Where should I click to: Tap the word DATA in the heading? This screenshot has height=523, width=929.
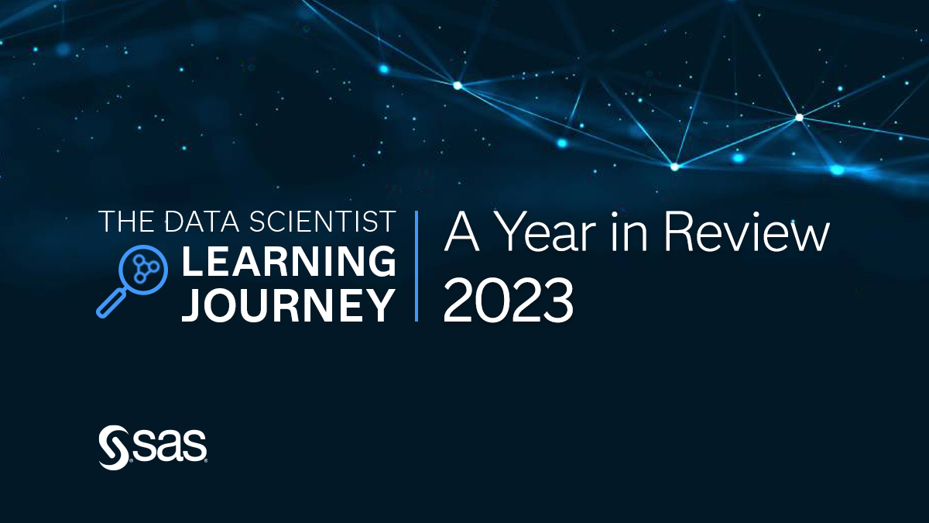click(x=202, y=222)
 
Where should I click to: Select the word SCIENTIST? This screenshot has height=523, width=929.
click(x=322, y=222)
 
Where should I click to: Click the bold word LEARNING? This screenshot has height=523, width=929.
click(x=289, y=262)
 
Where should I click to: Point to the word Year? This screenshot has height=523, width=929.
click(x=546, y=232)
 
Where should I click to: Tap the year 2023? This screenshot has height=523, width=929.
click(x=509, y=301)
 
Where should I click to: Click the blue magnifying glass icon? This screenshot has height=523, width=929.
click(x=132, y=280)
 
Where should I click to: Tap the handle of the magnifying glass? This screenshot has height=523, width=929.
click(x=110, y=304)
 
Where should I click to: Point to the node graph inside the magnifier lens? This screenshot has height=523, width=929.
click(x=144, y=269)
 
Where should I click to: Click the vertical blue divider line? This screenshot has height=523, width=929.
click(x=417, y=266)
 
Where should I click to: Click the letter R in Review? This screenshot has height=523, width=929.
click(x=680, y=232)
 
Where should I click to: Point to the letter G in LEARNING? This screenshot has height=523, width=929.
click(x=381, y=262)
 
